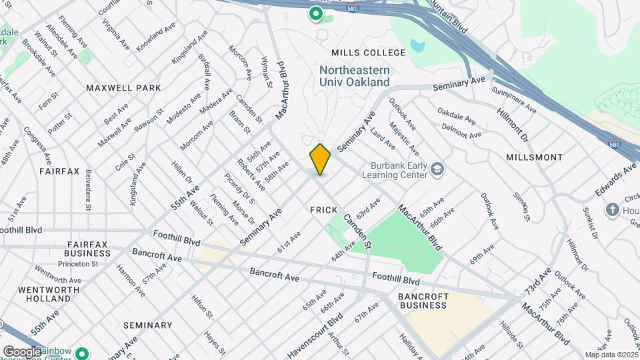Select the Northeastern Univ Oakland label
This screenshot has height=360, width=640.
pyautogui.click(x=354, y=76)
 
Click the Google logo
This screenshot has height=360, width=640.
pyautogui.click(x=21, y=351)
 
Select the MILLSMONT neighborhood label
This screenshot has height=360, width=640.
pyautogui.click(x=534, y=158)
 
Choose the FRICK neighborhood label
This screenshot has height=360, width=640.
pyautogui.click(x=325, y=209)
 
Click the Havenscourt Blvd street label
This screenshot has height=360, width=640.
pyautogui.click(x=315, y=333)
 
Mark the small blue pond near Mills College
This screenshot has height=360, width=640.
pyautogui.click(x=418, y=47)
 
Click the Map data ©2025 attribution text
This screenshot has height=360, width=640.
pyautogui.click(x=611, y=355)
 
